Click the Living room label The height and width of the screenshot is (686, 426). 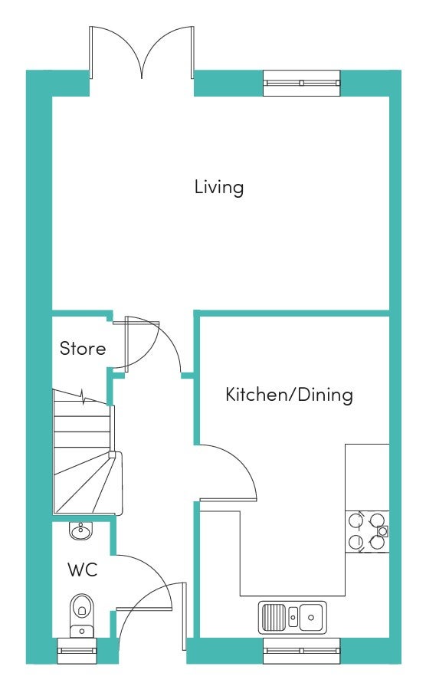(x=219, y=187)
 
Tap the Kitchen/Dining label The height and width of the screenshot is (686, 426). (x=289, y=394)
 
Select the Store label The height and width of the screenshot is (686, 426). (x=83, y=349)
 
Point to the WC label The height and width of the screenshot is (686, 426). (x=82, y=569)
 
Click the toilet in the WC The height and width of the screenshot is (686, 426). (x=81, y=615)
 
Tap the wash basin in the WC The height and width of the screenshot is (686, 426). (x=80, y=530)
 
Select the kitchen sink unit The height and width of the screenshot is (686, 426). (x=292, y=617)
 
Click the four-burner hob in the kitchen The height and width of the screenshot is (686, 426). (x=367, y=532)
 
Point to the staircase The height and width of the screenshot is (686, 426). (x=87, y=452)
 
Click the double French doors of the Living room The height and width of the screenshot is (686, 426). (x=142, y=52)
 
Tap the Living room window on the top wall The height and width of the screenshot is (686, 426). (x=302, y=83)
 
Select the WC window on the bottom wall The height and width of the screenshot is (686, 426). (x=77, y=651)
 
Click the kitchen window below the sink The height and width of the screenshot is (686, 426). (x=302, y=651)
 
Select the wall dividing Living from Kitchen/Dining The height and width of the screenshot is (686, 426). (x=295, y=313)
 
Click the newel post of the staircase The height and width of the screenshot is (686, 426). (x=112, y=454)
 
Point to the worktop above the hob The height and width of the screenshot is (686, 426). (x=367, y=478)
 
